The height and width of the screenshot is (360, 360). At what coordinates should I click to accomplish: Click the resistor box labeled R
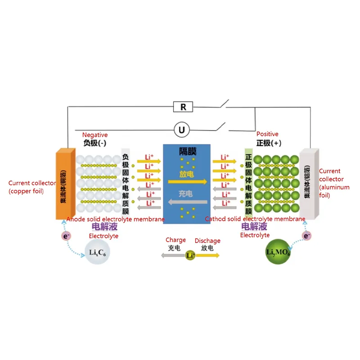click(183, 107)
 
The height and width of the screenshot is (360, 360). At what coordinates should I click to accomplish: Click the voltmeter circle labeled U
click(182, 130)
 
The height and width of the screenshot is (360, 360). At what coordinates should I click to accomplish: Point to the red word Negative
click(95, 135)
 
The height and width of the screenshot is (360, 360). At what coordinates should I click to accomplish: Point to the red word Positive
click(267, 134)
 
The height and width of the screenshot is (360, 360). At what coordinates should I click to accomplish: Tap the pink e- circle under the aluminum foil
click(307, 235)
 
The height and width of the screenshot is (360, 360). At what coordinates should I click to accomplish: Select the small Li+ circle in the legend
click(190, 255)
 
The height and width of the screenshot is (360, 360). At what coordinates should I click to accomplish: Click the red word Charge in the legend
click(175, 241)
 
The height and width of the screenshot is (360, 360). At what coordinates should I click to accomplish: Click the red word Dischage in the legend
click(207, 241)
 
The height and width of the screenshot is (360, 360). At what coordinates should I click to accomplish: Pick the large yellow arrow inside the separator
click(187, 182)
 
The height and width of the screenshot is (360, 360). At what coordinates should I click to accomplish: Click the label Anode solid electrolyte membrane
click(115, 219)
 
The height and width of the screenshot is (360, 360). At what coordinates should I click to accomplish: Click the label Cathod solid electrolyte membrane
click(255, 219)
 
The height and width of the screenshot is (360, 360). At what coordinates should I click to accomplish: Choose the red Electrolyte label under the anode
click(103, 236)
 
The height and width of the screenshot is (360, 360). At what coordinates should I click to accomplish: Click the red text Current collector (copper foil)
click(27, 187)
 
